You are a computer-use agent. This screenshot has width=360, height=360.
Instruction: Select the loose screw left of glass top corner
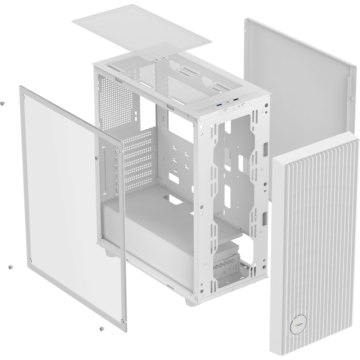tap(3, 103)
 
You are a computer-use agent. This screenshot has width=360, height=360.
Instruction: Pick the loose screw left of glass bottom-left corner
tap(10, 267)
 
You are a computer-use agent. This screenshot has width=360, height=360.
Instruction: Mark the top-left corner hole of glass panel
tap(23, 97)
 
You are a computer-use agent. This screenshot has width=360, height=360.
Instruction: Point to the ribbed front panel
tap(317, 234)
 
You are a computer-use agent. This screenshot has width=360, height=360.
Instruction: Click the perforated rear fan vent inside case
tap(117, 101)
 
